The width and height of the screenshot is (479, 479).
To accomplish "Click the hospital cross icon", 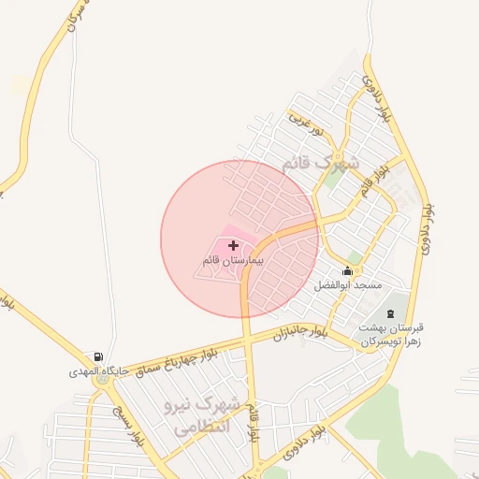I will click(x=233, y=244).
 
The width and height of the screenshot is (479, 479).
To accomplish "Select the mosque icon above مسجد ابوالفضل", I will click(x=348, y=271).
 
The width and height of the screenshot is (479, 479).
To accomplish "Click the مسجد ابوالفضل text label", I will click(x=347, y=283).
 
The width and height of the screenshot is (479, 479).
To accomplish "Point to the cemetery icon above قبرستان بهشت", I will click(x=390, y=312).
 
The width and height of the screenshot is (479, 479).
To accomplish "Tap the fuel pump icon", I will click(x=97, y=357).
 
